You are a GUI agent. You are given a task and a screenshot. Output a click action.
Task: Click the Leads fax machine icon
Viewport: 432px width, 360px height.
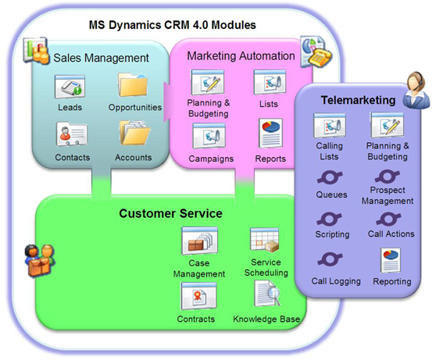click(70, 87)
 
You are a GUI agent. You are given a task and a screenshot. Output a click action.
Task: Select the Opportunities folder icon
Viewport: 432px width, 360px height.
click(133, 85)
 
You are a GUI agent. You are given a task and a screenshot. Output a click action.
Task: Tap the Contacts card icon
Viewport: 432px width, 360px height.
click(72, 134)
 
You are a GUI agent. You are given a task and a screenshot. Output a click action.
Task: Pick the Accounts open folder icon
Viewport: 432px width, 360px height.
click(134, 133)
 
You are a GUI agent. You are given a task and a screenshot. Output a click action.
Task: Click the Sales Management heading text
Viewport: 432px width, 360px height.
click(101, 58)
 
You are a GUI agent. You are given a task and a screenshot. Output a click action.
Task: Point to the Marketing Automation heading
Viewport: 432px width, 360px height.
click(241, 56)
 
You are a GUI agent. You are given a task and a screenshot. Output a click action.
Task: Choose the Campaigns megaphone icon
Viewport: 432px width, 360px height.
click(209, 136)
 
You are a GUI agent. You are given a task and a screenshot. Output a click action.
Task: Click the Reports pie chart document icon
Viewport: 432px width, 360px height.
click(271, 134)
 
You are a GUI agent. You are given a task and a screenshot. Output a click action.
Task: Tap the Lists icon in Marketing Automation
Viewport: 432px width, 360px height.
click(270, 82)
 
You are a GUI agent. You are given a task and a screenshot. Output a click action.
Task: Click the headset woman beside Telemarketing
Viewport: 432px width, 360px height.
click(416, 91)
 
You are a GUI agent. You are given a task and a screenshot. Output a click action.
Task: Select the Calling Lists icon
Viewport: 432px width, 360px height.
click(330, 126)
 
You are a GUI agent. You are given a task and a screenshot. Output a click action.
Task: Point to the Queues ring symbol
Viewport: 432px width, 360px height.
click(330, 177)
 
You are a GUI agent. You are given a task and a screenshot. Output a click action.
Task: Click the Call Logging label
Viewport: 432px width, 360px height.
click(336, 281)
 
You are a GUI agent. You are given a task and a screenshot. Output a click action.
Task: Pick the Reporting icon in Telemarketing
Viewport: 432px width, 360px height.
click(391, 260)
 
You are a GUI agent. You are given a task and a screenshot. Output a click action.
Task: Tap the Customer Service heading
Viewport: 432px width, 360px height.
click(170, 213)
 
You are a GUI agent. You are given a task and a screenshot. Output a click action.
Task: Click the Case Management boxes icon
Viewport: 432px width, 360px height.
click(200, 241)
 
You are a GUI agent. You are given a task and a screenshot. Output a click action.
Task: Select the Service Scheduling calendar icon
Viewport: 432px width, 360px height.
click(265, 241)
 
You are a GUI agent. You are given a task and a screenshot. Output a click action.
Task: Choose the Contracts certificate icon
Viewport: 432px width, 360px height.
click(198, 297)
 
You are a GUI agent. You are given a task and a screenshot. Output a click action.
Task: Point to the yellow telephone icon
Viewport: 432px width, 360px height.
click(320, 57)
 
